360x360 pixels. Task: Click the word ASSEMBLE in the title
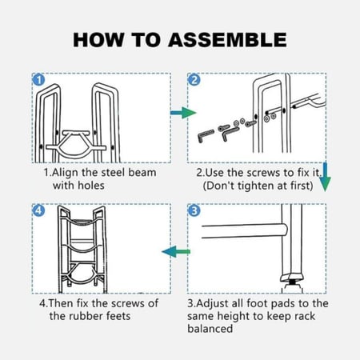[227, 40]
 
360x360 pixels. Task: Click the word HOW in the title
[98, 40]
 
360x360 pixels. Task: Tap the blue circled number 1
[38, 80]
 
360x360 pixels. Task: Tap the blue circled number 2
[194, 80]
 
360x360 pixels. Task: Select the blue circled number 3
[194, 210]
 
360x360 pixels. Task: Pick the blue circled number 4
[38, 210]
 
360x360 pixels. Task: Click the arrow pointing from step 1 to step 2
[183, 113]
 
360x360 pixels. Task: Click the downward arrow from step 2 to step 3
[325, 177]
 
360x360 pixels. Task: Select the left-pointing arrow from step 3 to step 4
[176, 251]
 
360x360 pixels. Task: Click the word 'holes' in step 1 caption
[90, 186]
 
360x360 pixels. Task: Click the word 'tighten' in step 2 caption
[256, 186]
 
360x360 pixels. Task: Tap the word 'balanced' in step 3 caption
[210, 329]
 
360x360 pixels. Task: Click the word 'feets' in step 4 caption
[118, 316]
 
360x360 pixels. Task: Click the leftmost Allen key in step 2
[206, 136]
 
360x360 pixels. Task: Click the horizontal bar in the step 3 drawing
[245, 231]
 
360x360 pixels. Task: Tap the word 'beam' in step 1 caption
[142, 173]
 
